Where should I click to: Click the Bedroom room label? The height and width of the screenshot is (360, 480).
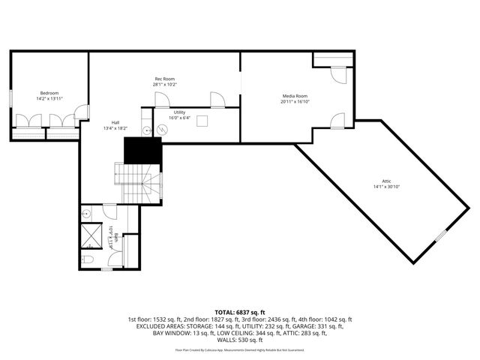pyautogui.click(x=49, y=92)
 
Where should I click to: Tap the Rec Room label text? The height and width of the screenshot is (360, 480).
pyautogui.click(x=165, y=78)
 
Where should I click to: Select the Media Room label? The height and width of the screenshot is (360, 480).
pyautogui.click(x=295, y=96)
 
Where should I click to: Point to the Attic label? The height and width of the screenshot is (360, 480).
pyautogui.click(x=386, y=181)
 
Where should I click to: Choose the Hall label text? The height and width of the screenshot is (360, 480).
pyautogui.click(x=115, y=123)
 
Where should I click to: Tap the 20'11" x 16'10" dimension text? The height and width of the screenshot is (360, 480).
pyautogui.click(x=295, y=101)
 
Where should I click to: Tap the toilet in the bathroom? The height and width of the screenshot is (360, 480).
pyautogui.click(x=87, y=259)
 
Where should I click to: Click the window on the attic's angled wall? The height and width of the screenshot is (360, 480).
pyautogui.click(x=441, y=237)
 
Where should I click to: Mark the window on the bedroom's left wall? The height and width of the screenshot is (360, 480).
pyautogui.click(x=10, y=98)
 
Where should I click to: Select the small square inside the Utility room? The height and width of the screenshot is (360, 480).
pyautogui.click(x=202, y=123)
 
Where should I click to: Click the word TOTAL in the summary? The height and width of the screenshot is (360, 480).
pyautogui.click(x=225, y=312)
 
